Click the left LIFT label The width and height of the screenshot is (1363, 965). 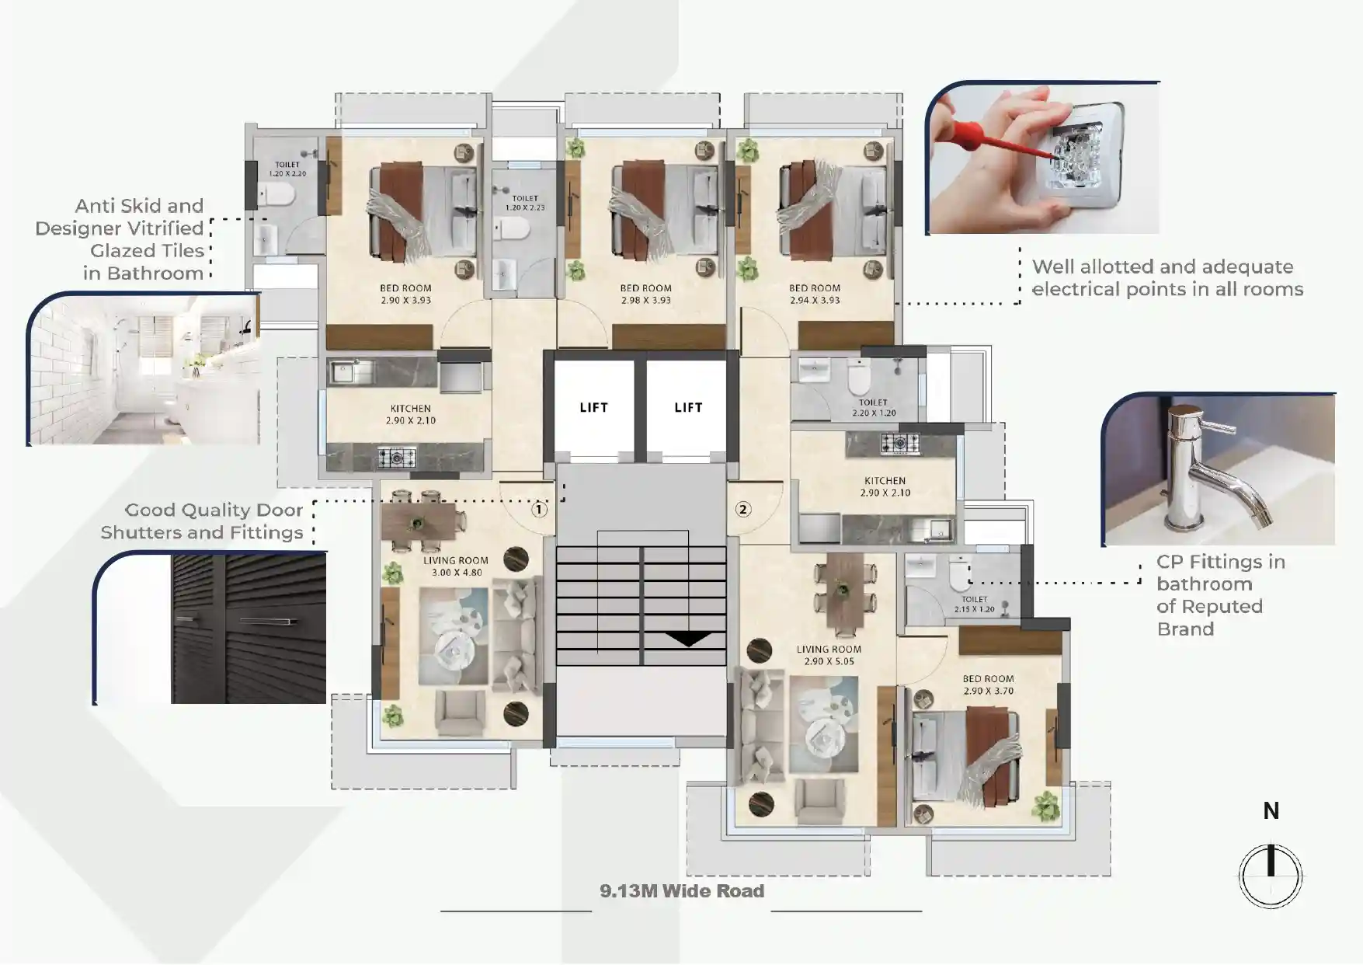coord(593,407)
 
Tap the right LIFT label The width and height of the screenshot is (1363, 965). coord(688,407)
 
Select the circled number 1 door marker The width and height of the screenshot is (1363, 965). coord(539,510)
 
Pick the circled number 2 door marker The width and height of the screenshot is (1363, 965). coord(743,510)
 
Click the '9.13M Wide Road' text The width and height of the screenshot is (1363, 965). coord(682,891)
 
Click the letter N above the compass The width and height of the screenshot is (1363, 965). coord(1271,811)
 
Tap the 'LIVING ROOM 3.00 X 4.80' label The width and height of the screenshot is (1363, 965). coord(456,566)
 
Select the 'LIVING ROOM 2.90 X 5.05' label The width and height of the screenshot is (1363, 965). coord(829,655)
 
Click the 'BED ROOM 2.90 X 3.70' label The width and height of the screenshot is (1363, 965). coord(988,685)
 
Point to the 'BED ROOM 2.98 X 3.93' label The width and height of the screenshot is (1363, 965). coord(646,294)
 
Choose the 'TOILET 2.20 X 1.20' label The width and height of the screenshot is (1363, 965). coord(873,408)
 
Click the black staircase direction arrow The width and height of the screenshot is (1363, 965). coord(688,639)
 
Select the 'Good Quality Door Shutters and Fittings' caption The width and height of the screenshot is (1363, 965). coord(202,521)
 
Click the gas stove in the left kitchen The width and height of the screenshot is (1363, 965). coord(397,458)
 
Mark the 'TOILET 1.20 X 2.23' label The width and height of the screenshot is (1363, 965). coord(525,203)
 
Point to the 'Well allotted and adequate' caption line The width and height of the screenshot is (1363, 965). coord(1163,267)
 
